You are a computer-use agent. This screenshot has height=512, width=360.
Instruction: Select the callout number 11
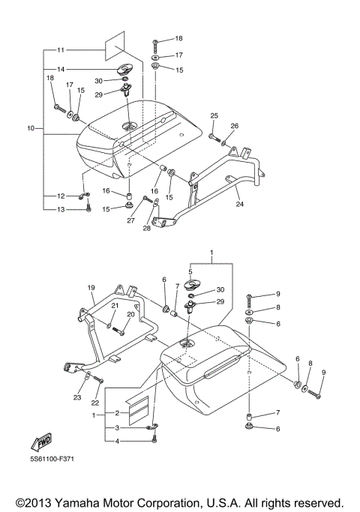(61, 49)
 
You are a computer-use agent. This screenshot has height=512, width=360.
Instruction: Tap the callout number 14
(61, 69)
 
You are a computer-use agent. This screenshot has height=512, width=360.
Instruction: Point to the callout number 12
(61, 196)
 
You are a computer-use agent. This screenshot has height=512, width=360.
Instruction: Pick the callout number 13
(61, 209)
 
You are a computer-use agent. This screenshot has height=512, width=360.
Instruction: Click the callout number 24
(239, 203)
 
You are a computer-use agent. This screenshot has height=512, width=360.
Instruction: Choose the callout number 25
(214, 115)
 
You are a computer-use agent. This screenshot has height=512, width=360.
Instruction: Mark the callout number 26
(234, 125)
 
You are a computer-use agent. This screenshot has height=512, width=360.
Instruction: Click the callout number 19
(91, 288)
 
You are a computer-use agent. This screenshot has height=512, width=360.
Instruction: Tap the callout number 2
(117, 413)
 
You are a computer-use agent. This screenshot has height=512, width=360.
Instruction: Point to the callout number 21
(115, 305)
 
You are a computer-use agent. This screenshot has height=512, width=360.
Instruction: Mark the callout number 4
(117, 441)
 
